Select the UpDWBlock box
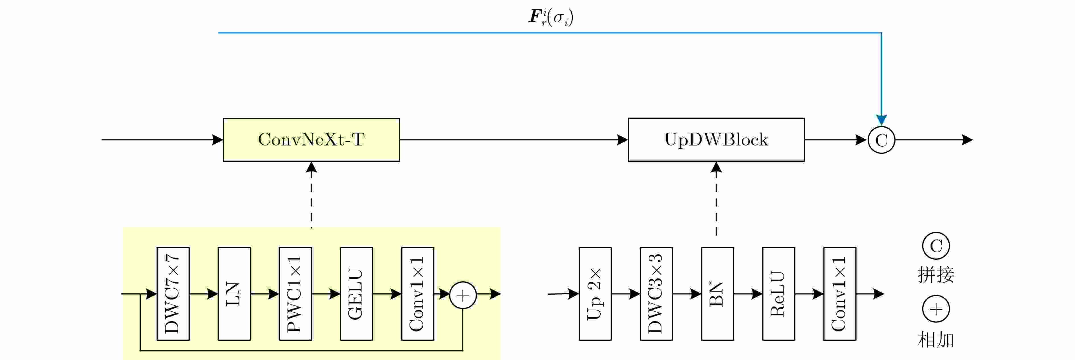pos(716,140)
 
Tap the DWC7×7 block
pos(173,294)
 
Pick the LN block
pos(234,294)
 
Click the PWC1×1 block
pos(295,294)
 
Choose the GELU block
pos(356,294)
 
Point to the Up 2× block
pos(595,294)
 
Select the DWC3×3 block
pos(656,294)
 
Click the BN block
pos(717,294)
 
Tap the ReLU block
pos(778,294)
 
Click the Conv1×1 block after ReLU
pos(840,294)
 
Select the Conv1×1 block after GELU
pos(417,294)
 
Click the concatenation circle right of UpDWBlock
pos(881,140)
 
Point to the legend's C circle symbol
pos(936,246)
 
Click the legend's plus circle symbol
pos(936,309)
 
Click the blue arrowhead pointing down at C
pos(881,119)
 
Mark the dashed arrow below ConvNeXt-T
pos(311,196)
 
